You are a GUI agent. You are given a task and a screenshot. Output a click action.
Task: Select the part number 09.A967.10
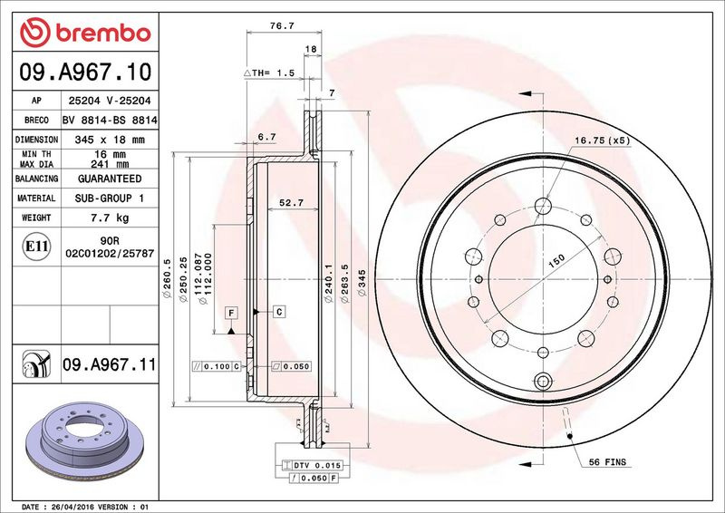(x=85, y=72)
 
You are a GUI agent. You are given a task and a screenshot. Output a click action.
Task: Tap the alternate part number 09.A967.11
(x=109, y=364)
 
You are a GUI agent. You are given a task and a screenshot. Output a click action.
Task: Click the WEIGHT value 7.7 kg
(x=110, y=218)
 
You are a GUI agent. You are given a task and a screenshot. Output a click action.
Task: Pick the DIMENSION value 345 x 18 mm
(x=110, y=140)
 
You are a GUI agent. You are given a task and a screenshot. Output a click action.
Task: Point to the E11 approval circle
(x=36, y=247)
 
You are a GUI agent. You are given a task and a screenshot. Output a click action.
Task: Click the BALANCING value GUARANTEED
(x=110, y=179)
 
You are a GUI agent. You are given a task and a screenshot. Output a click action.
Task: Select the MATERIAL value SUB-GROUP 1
(x=110, y=198)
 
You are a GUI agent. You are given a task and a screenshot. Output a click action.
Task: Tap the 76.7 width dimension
(x=282, y=26)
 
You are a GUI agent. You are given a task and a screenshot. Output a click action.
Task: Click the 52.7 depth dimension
(x=291, y=203)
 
